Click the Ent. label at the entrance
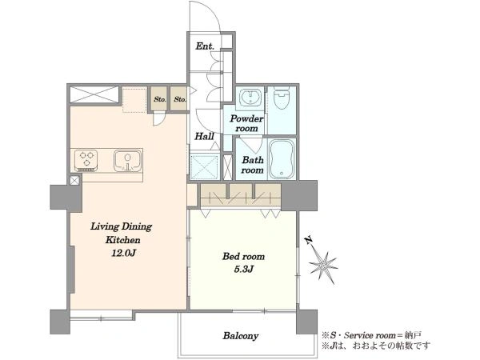(x=205, y=46)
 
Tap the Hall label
(x=204, y=136)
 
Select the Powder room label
(x=246, y=123)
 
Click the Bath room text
(x=252, y=165)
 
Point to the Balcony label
(x=240, y=336)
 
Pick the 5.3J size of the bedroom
(x=244, y=270)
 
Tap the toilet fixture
(x=282, y=98)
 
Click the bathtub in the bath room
(x=282, y=159)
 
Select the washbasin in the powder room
(x=250, y=97)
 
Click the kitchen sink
(x=128, y=160)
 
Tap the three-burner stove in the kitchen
(x=86, y=160)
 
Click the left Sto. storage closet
(x=160, y=99)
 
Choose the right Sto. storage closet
(x=179, y=99)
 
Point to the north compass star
(x=323, y=266)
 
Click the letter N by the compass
(x=309, y=240)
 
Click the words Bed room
(x=243, y=256)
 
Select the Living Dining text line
(x=122, y=226)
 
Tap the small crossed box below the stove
(x=74, y=180)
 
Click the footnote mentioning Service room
(x=372, y=335)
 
